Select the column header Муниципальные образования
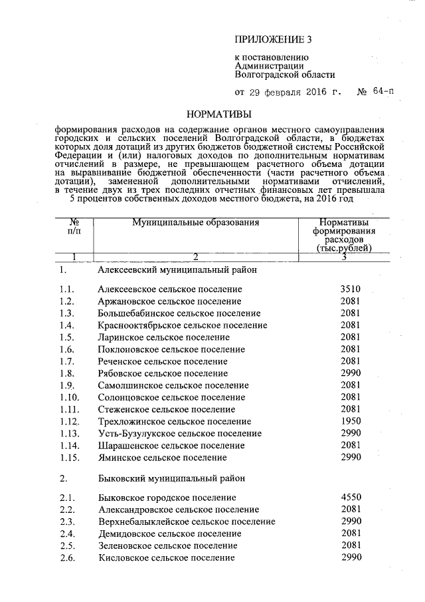[x=195, y=222]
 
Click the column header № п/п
[x=74, y=226]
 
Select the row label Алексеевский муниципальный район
[x=173, y=271]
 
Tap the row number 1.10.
[x=70, y=397]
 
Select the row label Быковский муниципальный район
[x=171, y=478]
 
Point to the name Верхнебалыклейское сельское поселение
[x=186, y=521]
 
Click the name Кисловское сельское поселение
[x=165, y=557]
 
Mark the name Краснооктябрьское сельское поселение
[x=182, y=325]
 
